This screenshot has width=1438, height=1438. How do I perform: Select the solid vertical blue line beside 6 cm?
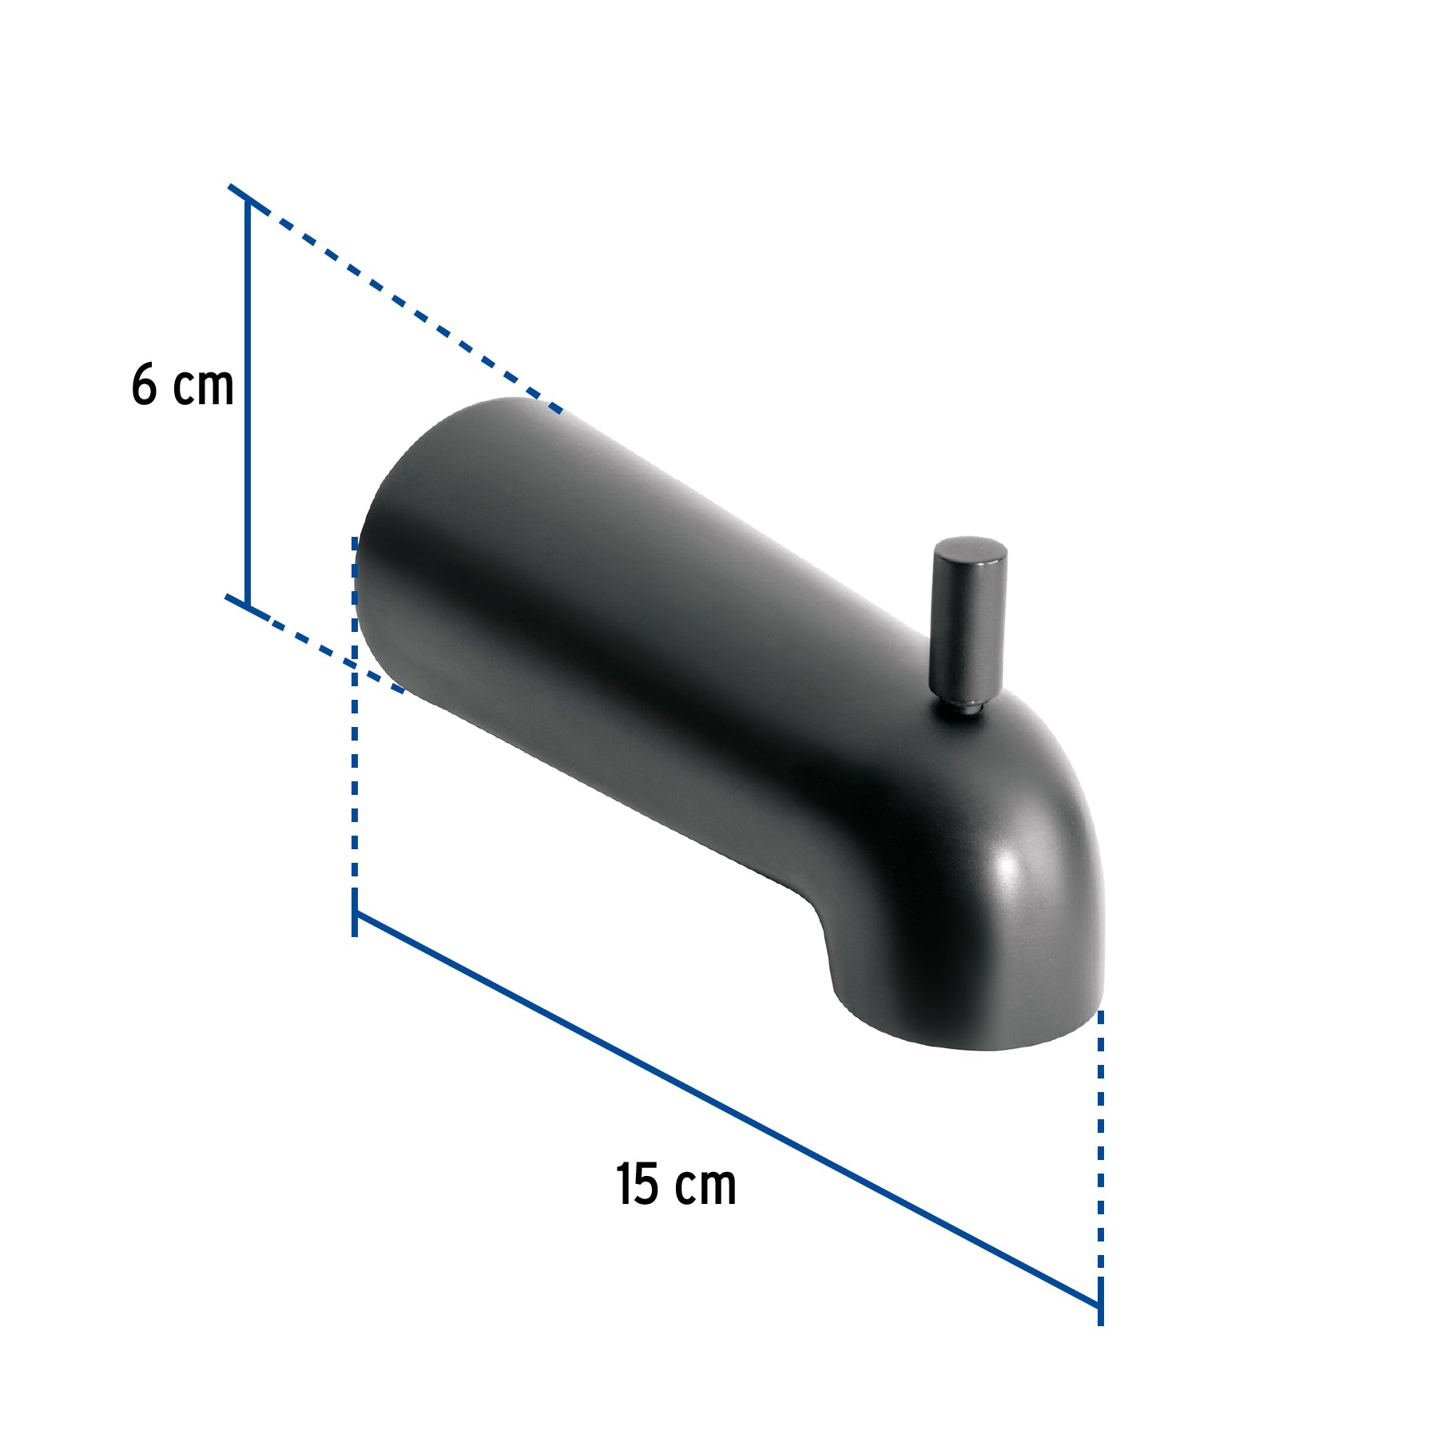click(248, 399)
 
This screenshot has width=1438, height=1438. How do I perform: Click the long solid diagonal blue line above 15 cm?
click(719, 1110)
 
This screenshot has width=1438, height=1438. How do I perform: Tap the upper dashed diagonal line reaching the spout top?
click(399, 304)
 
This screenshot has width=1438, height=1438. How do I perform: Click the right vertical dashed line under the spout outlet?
click(1101, 1158)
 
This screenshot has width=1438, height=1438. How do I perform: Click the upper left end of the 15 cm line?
click(355, 915)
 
